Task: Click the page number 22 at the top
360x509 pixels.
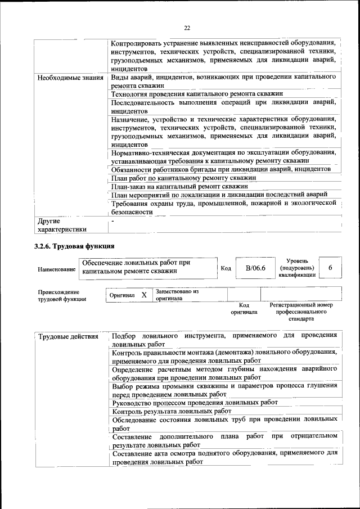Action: [187, 28]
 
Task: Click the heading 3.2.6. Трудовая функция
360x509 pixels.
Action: [74, 246]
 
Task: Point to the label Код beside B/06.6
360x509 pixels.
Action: [226, 268]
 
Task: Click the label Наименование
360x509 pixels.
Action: [57, 270]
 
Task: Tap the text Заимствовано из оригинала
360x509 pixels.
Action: [177, 295]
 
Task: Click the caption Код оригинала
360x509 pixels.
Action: [244, 308]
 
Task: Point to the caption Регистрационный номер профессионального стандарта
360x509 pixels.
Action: [301, 311]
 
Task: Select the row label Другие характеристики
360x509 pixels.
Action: [62, 225]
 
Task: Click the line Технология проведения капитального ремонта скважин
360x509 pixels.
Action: [196, 94]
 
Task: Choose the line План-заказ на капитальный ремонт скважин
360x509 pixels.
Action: [179, 186]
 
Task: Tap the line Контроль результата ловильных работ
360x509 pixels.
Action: [172, 412]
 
